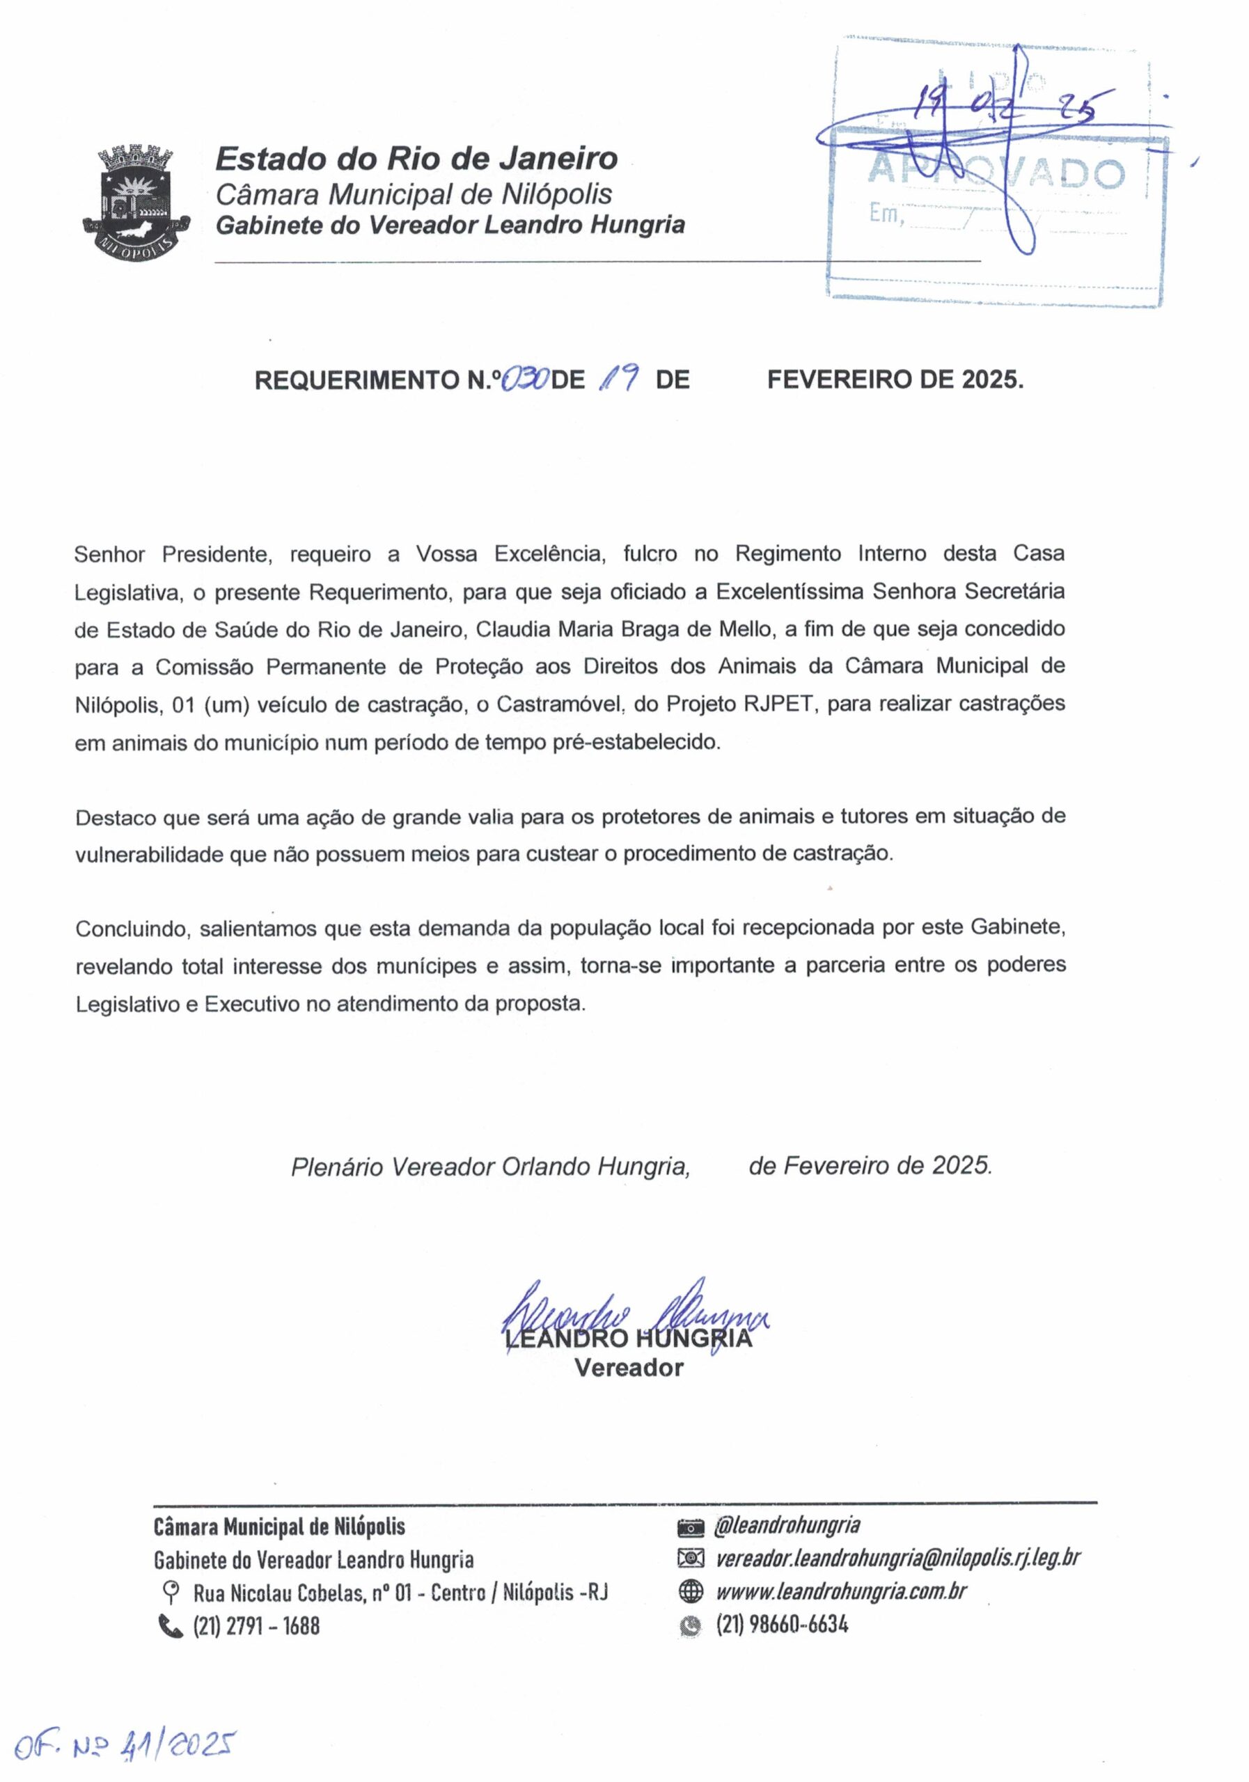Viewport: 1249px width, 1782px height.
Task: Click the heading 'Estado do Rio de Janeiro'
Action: [x=416, y=159]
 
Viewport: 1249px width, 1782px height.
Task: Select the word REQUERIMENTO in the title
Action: [x=357, y=380]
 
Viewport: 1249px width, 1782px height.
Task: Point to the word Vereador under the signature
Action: [x=629, y=1368]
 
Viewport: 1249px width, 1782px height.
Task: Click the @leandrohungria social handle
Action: [x=786, y=1525]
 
